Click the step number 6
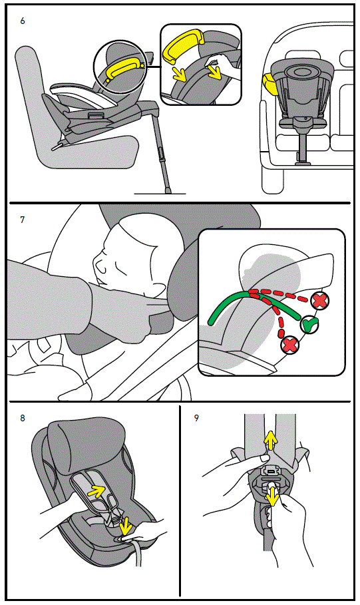point(23,21)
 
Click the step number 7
point(23,220)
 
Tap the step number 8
point(23,419)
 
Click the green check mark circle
point(308,325)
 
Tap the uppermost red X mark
point(321,300)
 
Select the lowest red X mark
point(290,345)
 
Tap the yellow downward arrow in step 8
point(124,523)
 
